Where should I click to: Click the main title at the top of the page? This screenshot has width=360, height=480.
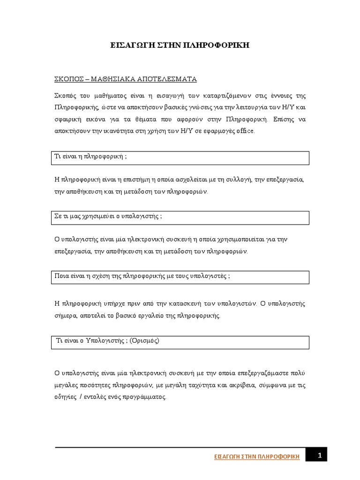(180, 46)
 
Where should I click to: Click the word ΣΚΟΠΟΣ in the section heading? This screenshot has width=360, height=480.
(68, 78)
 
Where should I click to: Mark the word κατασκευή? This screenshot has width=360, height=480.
(205, 303)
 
